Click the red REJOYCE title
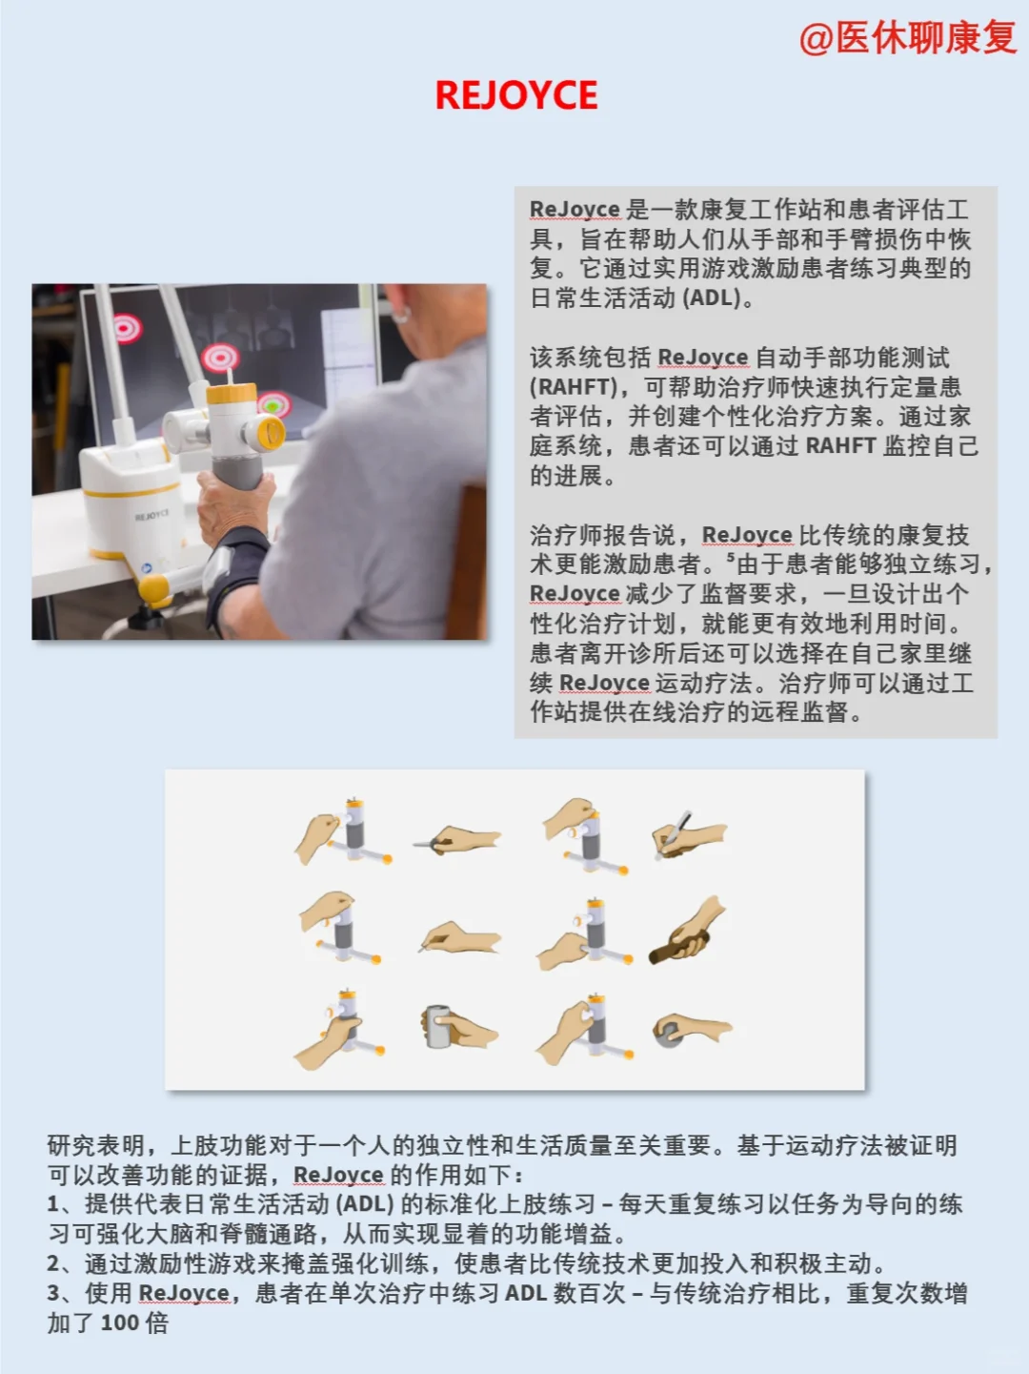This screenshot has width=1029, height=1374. [516, 95]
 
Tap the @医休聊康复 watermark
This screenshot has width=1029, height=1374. [908, 38]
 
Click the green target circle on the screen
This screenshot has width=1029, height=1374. [274, 404]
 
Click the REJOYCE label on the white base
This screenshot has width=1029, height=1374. [152, 516]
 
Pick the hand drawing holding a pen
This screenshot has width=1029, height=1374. [686, 835]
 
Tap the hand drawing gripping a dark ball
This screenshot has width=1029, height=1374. [688, 1031]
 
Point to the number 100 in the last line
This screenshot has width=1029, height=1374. [120, 1323]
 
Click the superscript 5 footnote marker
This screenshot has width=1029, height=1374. [731, 558]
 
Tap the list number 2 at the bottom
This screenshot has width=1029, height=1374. [54, 1264]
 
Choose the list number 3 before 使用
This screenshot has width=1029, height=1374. [54, 1294]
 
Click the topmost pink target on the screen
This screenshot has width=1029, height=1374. [127, 328]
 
